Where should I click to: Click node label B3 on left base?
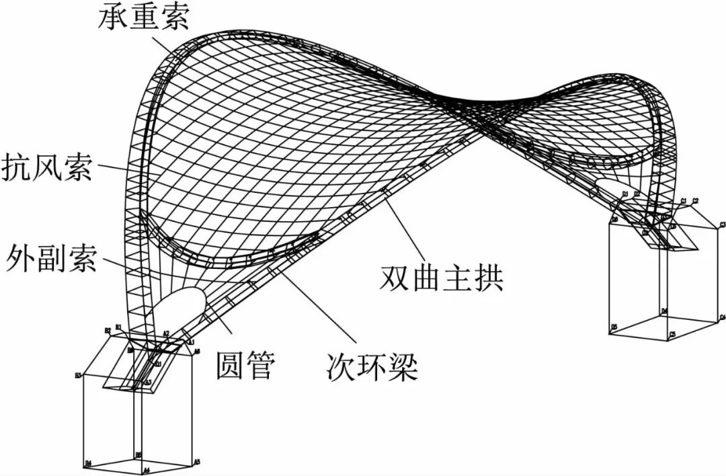[79, 375]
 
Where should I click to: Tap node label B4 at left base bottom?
[87, 463]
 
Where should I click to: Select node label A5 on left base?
[197, 462]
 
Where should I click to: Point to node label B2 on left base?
[107, 330]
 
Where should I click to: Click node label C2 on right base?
[695, 200]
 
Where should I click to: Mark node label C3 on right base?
[722, 225]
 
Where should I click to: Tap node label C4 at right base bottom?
[722, 317]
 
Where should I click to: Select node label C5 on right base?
[672, 334]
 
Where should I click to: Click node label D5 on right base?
[614, 327]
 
